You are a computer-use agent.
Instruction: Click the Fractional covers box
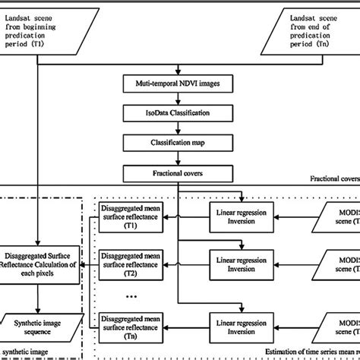(179, 173)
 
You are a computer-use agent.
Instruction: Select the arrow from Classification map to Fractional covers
(179, 157)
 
